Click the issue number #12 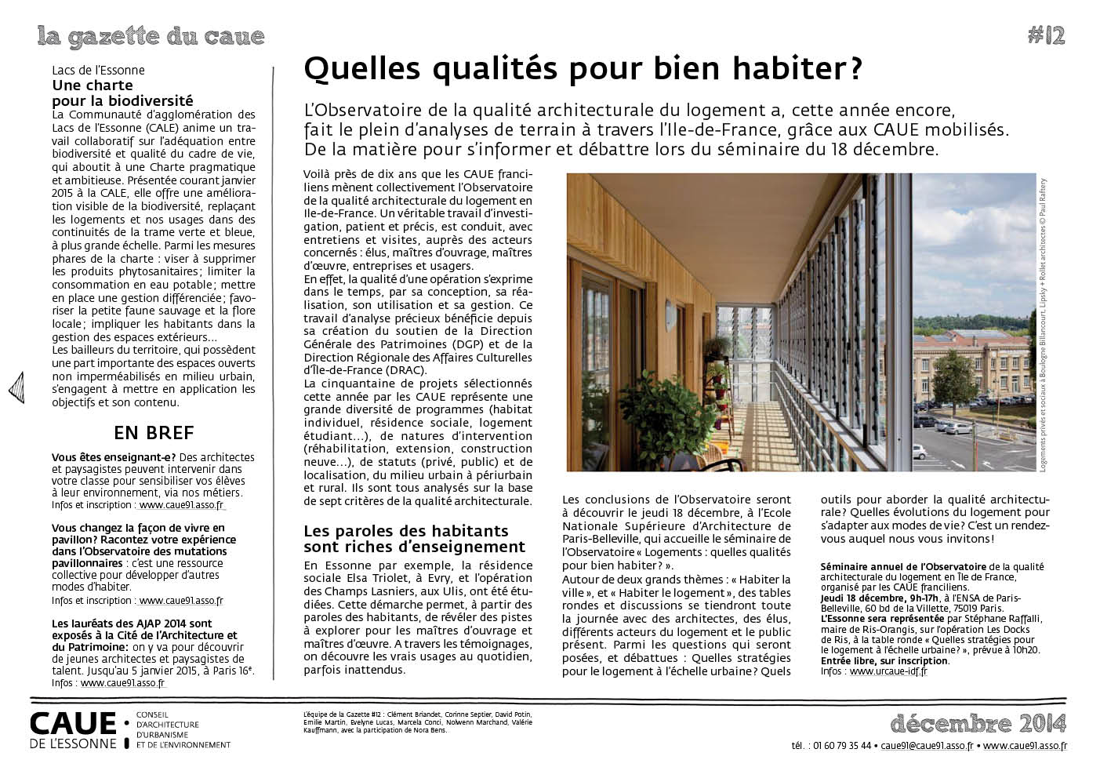pos(1045,35)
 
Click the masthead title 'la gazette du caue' pos(151,36)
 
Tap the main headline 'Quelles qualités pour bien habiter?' pos(582,70)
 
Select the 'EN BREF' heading pos(154,432)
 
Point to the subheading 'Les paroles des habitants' pos(405,531)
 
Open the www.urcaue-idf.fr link pos(888,671)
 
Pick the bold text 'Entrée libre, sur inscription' pos(884,660)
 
